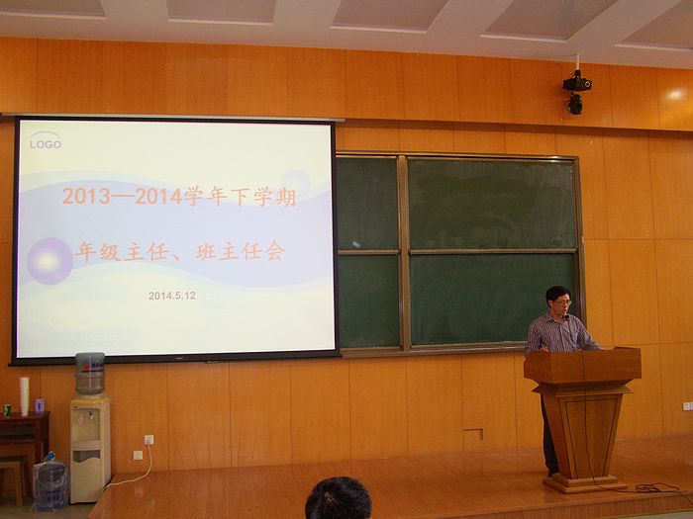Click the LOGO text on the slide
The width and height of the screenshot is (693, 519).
click(x=46, y=144)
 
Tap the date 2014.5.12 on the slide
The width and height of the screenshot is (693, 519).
click(x=172, y=296)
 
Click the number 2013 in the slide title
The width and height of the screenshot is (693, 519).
click(x=86, y=196)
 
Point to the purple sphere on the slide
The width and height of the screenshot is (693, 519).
click(x=49, y=261)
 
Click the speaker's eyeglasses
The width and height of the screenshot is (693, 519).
click(x=562, y=303)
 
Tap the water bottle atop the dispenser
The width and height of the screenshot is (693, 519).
click(x=90, y=374)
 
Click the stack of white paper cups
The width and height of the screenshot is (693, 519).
click(x=24, y=396)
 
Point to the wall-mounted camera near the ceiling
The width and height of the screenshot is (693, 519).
click(x=576, y=92)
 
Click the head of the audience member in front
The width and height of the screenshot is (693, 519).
click(x=339, y=498)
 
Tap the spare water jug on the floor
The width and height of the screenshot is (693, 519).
click(x=50, y=481)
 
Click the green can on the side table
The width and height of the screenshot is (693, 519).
click(x=7, y=410)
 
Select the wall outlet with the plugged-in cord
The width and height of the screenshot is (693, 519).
click(x=148, y=440)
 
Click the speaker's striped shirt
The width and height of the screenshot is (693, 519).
click(x=559, y=334)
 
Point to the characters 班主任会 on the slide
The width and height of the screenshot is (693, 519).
click(x=241, y=252)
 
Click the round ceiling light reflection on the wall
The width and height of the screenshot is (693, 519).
click(x=676, y=95)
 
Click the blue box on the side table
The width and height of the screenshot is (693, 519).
click(x=40, y=406)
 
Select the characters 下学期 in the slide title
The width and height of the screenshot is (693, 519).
click(x=263, y=196)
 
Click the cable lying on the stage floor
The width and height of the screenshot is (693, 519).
click(x=654, y=488)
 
